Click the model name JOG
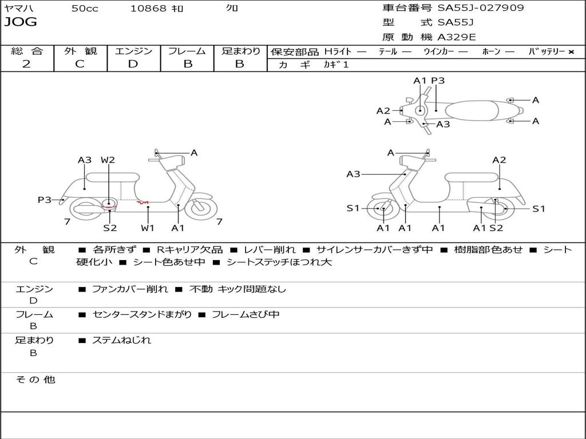point(21,22)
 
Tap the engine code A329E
point(457,38)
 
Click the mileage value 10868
point(148,9)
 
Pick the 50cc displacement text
point(85,9)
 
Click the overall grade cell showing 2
point(26,64)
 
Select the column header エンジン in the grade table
point(133,51)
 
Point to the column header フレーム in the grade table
point(187,51)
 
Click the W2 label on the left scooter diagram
point(108,160)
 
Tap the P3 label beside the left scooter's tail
point(45,199)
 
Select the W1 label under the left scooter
point(148,228)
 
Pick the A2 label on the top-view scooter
point(383,111)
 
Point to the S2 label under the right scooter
point(496,228)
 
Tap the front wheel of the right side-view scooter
point(382,209)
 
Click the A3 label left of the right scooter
point(353,174)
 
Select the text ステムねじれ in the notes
point(121,340)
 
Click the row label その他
point(35,380)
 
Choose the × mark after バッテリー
point(571,52)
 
